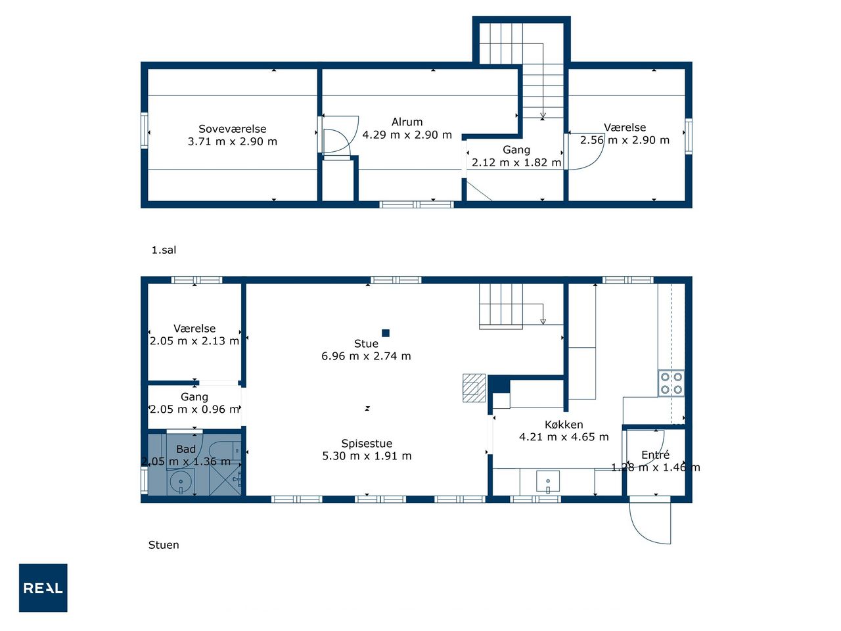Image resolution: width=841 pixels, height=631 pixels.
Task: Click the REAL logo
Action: pos(43,588)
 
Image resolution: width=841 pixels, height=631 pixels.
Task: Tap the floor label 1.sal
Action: pos(164,250)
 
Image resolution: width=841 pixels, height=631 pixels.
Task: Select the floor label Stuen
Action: pos(164,545)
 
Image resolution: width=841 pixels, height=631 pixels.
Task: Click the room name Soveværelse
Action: pos(232,129)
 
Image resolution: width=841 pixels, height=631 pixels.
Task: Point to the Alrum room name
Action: pos(407,122)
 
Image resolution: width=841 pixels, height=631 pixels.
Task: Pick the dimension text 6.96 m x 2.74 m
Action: pos(366,356)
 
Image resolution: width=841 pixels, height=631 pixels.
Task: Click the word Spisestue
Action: pos(367,444)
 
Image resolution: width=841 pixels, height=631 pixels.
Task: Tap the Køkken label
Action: pos(564,425)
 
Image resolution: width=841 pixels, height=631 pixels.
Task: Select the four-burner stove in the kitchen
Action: pos(671,383)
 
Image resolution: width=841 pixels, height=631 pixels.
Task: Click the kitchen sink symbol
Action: pos(548,481)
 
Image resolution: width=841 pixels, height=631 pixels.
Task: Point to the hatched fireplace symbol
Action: pos(474,388)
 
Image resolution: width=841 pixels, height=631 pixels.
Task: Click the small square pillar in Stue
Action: pos(386,333)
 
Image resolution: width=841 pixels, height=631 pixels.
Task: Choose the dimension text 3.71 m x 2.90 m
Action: pos(232,142)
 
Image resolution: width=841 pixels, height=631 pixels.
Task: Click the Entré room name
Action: pos(655,455)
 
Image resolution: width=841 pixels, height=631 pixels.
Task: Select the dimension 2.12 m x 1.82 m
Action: pos(516,162)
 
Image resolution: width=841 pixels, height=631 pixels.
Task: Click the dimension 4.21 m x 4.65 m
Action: pos(564,436)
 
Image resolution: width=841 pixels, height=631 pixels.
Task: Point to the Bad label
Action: pos(186,449)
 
